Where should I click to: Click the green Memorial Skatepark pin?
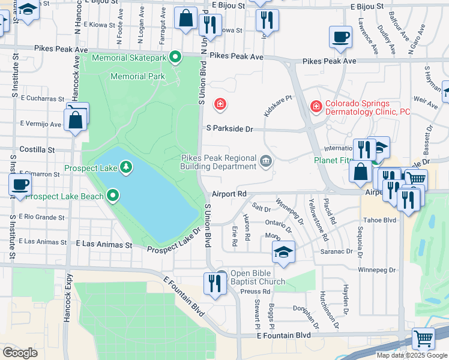click(175, 58)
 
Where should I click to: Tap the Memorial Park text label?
click(137, 76)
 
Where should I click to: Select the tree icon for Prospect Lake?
click(126, 166)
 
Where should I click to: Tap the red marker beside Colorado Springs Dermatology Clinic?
click(316, 106)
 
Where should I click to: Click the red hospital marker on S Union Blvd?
click(220, 105)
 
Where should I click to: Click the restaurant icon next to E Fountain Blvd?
click(214, 283)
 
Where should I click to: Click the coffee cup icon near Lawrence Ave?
click(340, 37)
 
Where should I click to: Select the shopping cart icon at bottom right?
click(423, 338)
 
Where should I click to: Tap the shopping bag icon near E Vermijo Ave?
click(76, 119)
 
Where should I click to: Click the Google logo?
click(20, 352)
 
